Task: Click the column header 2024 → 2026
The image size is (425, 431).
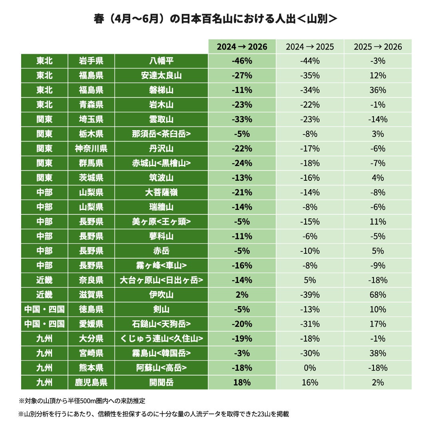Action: click(x=242, y=47)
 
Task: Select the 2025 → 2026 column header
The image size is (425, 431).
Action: click(x=378, y=47)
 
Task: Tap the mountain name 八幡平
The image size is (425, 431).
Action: click(x=161, y=61)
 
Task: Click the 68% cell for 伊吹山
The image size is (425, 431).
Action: click(x=378, y=295)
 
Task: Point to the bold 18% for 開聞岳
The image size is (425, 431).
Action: click(x=242, y=382)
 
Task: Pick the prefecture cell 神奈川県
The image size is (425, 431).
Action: click(x=91, y=148)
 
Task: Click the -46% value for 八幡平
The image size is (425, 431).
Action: click(x=242, y=61)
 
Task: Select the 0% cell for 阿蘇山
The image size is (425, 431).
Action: click(x=310, y=368)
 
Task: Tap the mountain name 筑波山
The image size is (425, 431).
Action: click(x=161, y=178)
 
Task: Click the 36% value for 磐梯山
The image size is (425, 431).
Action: click(x=378, y=90)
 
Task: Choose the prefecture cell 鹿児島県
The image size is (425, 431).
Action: click(x=91, y=382)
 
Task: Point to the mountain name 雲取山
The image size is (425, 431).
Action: click(x=161, y=119)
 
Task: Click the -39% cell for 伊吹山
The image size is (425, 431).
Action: click(x=310, y=295)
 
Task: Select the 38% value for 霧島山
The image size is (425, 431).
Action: click(x=378, y=353)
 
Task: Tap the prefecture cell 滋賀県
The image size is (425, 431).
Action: click(x=91, y=295)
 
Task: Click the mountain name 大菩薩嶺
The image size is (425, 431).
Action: click(x=161, y=192)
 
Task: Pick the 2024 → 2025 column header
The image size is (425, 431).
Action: click(x=310, y=47)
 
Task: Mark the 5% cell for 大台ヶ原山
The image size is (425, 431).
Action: click(x=310, y=280)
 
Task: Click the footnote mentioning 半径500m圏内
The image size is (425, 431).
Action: click(x=82, y=401)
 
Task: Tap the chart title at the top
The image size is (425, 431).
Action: click(x=215, y=19)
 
